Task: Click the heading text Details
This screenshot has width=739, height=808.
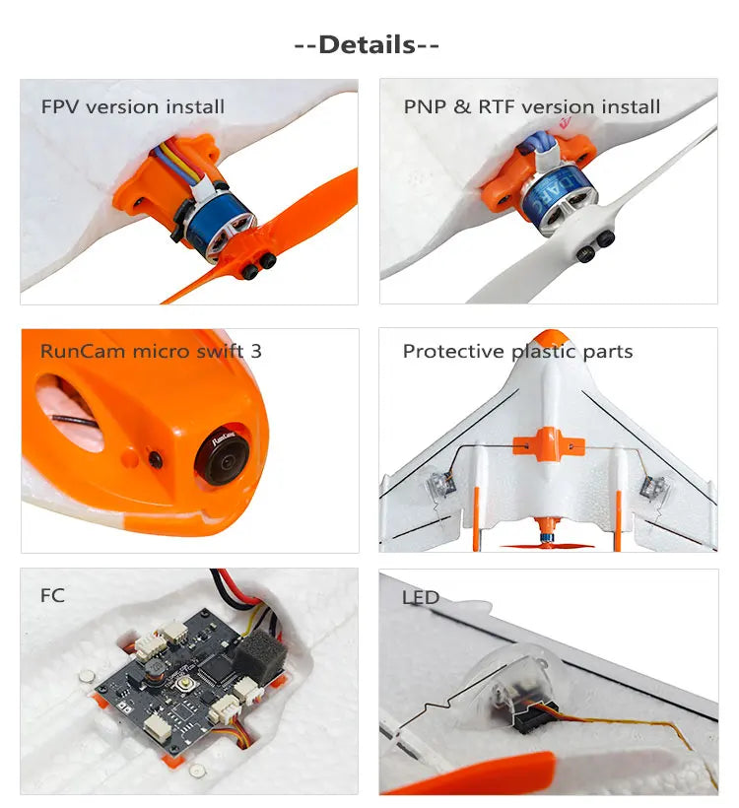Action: click(x=367, y=44)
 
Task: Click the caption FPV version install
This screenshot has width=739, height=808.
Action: click(x=133, y=106)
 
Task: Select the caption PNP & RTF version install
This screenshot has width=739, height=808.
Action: click(x=531, y=106)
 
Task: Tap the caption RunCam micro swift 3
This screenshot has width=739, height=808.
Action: click(x=151, y=351)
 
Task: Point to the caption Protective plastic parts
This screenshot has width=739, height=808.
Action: click(x=517, y=352)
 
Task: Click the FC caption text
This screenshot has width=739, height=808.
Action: click(x=52, y=596)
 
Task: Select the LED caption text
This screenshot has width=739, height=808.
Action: click(x=421, y=598)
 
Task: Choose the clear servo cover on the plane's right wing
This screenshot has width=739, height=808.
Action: click(x=651, y=484)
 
